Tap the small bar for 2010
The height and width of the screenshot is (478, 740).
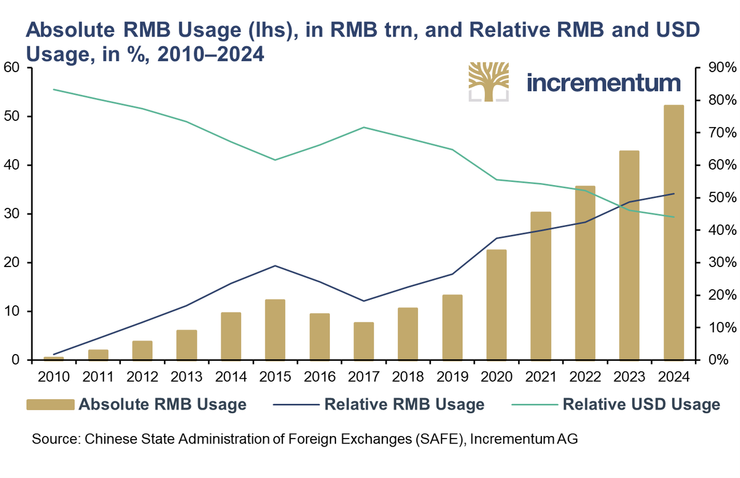(53, 358)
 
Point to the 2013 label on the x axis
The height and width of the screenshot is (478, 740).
(186, 376)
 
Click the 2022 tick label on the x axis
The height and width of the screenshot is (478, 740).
(585, 376)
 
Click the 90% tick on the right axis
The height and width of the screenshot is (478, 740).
(715, 68)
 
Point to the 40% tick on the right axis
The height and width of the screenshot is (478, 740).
(715, 230)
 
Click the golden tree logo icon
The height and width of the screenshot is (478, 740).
(488, 81)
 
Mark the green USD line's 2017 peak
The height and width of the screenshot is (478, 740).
(364, 127)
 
